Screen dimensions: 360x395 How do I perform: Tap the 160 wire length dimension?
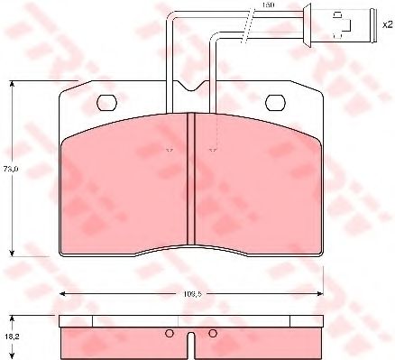click(266, 6)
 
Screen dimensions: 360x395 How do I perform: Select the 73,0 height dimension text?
click(11, 168)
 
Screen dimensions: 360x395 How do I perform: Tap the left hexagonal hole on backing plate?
click(106, 101)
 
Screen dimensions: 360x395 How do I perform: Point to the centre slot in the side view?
click(190, 344)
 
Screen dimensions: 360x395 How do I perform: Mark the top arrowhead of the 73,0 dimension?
click(11, 83)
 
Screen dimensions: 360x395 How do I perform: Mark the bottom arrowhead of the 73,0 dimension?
click(11, 254)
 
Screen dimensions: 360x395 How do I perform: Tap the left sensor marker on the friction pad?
click(169, 150)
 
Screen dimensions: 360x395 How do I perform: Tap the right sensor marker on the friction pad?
click(212, 150)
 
